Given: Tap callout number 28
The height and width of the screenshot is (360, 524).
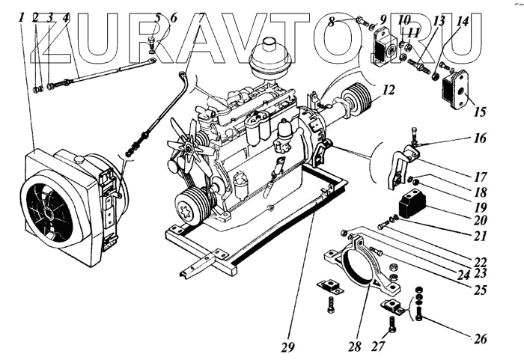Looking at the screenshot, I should (x=355, y=347).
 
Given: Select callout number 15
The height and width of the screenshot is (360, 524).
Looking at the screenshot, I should (x=480, y=112).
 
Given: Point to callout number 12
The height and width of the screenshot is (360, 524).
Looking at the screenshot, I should (x=387, y=91).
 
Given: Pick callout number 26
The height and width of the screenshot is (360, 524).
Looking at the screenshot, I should (x=480, y=338).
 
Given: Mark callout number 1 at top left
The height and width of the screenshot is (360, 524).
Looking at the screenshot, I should (x=22, y=16).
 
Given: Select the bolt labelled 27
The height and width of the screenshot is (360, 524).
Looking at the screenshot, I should (x=392, y=325).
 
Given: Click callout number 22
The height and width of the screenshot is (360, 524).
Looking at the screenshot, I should (x=480, y=262).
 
